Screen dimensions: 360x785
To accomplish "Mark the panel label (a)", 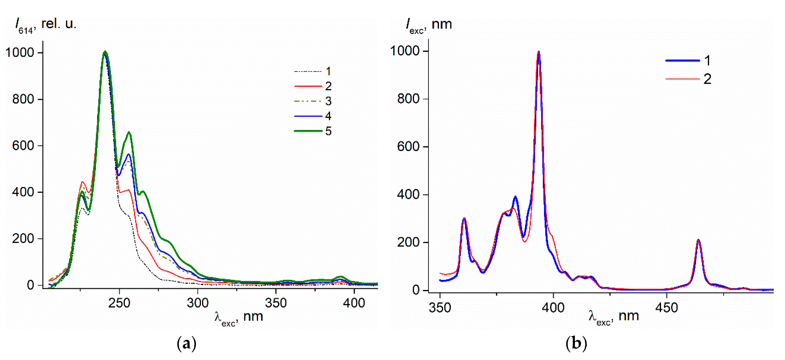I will tap(186, 344).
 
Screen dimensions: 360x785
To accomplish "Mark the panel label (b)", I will tap(576, 344).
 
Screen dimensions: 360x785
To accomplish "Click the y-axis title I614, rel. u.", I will tap(46, 24).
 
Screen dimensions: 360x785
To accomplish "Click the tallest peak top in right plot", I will tap(538, 52).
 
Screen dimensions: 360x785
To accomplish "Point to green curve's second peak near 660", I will tap(129, 132).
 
